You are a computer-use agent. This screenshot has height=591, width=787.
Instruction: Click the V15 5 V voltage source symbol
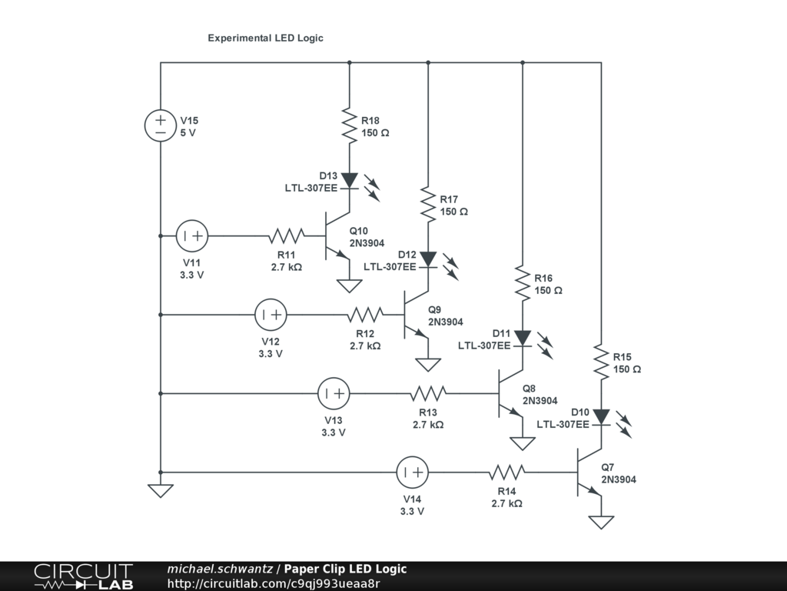point(161,125)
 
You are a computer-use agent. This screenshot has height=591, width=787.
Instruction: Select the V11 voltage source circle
point(192,235)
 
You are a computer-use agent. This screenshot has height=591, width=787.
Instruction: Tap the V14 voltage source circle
point(412,472)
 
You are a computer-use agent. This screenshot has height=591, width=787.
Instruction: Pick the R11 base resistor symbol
point(287,235)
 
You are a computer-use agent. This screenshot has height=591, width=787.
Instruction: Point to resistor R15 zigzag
point(601,363)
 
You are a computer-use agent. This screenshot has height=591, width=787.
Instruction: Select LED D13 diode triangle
point(350,181)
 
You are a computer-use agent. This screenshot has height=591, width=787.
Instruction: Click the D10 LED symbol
point(601,418)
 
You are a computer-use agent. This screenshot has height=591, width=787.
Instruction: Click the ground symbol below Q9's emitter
point(428,364)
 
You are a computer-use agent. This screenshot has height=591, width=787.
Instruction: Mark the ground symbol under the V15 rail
point(161,490)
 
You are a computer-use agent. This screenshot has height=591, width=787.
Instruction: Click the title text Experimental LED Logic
point(265,38)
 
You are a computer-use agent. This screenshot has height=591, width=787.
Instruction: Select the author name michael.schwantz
point(220,569)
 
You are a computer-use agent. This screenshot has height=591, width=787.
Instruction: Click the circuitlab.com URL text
point(273,583)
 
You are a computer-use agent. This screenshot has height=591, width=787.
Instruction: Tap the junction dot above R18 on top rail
point(350,62)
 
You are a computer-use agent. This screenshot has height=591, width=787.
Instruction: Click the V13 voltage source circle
point(334,393)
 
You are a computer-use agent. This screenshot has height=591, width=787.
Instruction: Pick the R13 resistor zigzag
point(428,393)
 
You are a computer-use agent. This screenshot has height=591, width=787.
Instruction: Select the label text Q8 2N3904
point(540,394)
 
